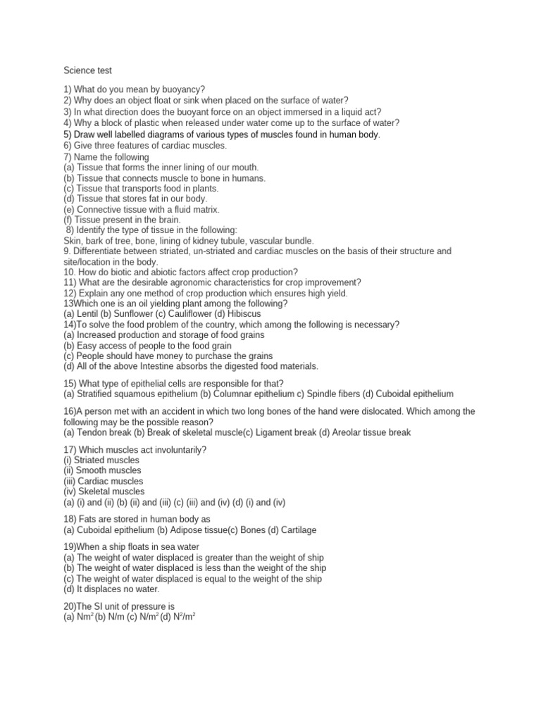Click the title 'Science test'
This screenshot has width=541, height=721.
88,70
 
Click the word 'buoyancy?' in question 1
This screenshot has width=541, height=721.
180,89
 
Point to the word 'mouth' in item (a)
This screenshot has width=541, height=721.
244,168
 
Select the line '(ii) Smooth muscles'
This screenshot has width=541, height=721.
102,470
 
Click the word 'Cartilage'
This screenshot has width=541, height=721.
296,529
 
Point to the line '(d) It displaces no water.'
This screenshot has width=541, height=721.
111,589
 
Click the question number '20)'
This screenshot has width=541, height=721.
71,606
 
